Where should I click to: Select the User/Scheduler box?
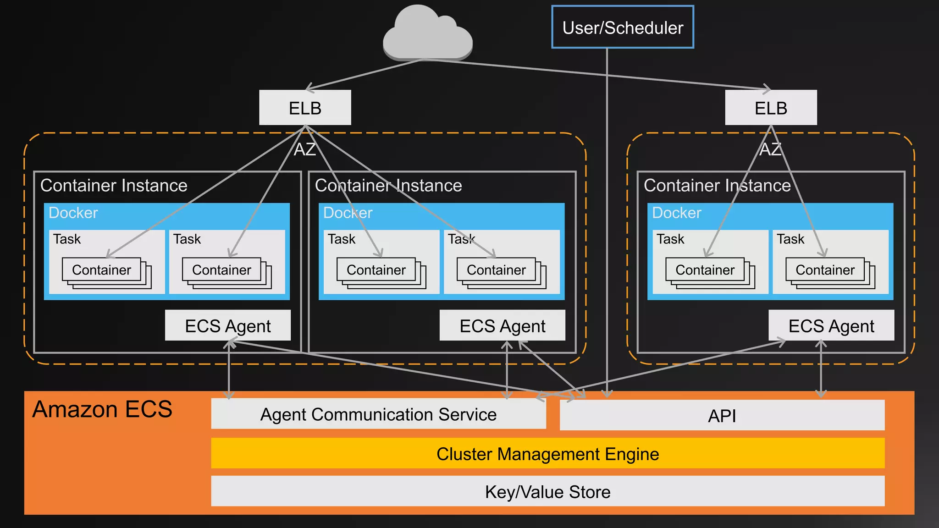[x=622, y=27]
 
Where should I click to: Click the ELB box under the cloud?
[x=305, y=108]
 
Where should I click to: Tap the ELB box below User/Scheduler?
[x=771, y=108]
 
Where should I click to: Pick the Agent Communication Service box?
[x=378, y=414]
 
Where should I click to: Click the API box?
[x=722, y=415]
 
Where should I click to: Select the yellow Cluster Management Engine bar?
[x=547, y=454]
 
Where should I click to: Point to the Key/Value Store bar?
[x=547, y=492]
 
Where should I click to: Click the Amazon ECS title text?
[x=102, y=409]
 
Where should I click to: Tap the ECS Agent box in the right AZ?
[x=831, y=326]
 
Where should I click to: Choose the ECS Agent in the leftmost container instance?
[x=227, y=326]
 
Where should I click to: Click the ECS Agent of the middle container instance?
[x=502, y=326]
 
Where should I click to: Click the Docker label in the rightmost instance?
[x=676, y=213]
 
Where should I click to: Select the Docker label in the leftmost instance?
[x=73, y=213]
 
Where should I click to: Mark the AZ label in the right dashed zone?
[x=770, y=149]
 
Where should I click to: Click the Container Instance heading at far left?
[x=114, y=186]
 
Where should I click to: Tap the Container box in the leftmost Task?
[x=101, y=270]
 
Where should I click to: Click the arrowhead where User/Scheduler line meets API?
[x=607, y=394]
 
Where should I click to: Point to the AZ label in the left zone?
[x=305, y=149]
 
